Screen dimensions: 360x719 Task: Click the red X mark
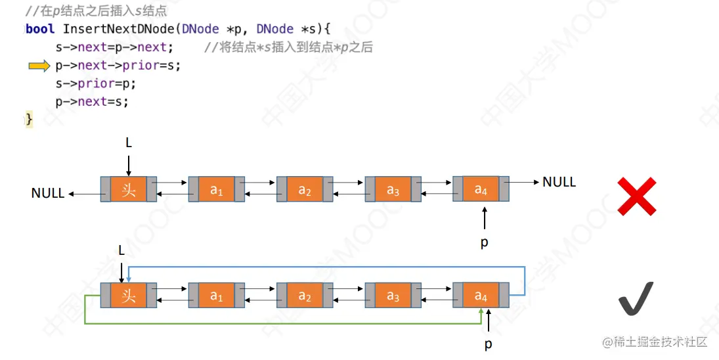638,196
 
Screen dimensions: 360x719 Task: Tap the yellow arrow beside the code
39,66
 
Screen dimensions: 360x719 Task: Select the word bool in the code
41,29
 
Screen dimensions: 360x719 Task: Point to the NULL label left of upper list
48,193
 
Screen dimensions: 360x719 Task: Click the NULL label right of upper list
559,182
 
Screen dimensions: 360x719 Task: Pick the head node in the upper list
129,189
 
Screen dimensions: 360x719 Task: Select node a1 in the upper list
217,189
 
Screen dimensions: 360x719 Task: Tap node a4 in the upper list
481,189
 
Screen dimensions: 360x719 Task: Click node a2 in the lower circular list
305,296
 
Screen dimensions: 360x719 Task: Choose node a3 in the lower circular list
393,296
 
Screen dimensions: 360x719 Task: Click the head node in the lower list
129,296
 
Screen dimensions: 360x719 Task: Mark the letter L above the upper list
129,143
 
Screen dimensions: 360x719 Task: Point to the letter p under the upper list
485,242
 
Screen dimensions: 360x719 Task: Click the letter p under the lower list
489,344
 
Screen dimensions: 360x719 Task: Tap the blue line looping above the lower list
328,267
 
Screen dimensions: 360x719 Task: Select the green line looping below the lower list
289,323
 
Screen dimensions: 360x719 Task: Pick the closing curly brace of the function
29,119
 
